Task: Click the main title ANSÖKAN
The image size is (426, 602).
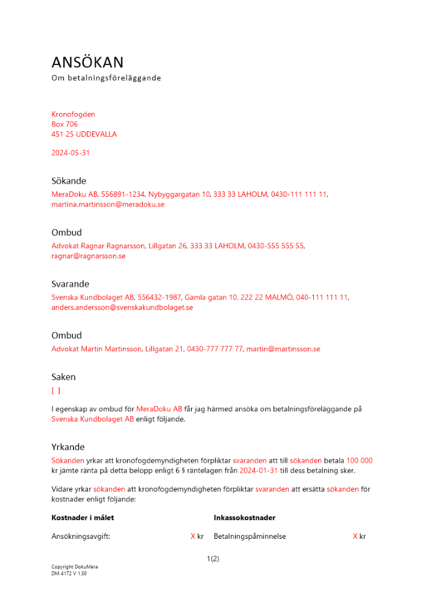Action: pos(87,62)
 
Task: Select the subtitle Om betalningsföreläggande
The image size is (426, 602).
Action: pos(106,78)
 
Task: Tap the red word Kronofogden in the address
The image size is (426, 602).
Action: pos(73,114)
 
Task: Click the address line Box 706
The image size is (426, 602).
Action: pos(64,124)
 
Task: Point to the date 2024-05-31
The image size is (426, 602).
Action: pos(70,153)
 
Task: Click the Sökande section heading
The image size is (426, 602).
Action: pos(69,181)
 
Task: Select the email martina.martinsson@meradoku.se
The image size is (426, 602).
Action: pos(108,205)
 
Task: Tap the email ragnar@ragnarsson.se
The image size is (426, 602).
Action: pos(88,256)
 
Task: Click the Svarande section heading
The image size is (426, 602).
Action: pos(70,284)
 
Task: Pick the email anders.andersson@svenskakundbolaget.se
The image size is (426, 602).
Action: pos(122,308)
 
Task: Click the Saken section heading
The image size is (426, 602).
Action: pos(63,377)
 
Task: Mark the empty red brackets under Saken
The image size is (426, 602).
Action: pos(55,391)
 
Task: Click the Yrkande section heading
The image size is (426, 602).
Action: pos(67,447)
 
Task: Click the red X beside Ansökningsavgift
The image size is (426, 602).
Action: pos(193,536)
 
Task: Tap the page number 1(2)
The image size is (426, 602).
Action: pos(213,559)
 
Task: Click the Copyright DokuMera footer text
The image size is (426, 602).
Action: pos(74,567)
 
